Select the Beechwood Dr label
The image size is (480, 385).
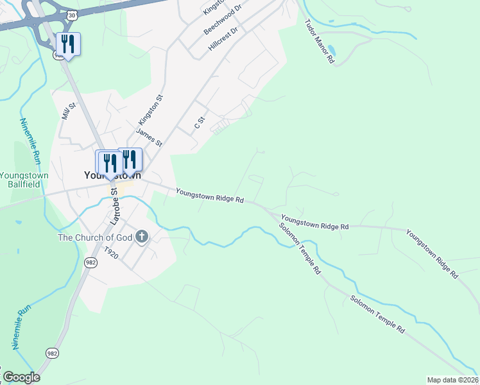coord(222,22)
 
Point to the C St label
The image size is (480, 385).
coord(200,121)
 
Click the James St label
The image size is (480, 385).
coord(148,137)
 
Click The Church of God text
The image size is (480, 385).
coord(95,237)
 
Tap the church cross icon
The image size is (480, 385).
coord(142,237)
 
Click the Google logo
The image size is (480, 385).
coord(21,377)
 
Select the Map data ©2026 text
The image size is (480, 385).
coord(452,380)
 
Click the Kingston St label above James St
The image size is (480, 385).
coord(151,110)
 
